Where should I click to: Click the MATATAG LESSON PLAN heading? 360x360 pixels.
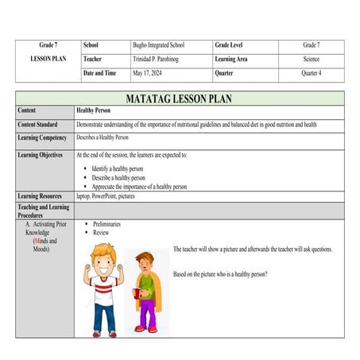click(x=180, y=99)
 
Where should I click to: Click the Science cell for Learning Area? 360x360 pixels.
click(x=311, y=60)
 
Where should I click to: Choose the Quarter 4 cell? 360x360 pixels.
click(x=311, y=74)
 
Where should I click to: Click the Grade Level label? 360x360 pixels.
click(x=231, y=46)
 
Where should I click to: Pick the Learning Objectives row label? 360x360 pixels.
click(x=41, y=155)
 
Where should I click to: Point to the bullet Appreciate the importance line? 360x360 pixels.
click(x=140, y=187)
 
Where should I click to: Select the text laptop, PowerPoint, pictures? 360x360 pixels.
click(x=111, y=195)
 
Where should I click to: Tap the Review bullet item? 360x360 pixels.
click(x=101, y=233)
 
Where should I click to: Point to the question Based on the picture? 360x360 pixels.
click(x=220, y=274)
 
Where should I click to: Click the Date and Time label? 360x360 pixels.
click(x=99, y=74)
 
